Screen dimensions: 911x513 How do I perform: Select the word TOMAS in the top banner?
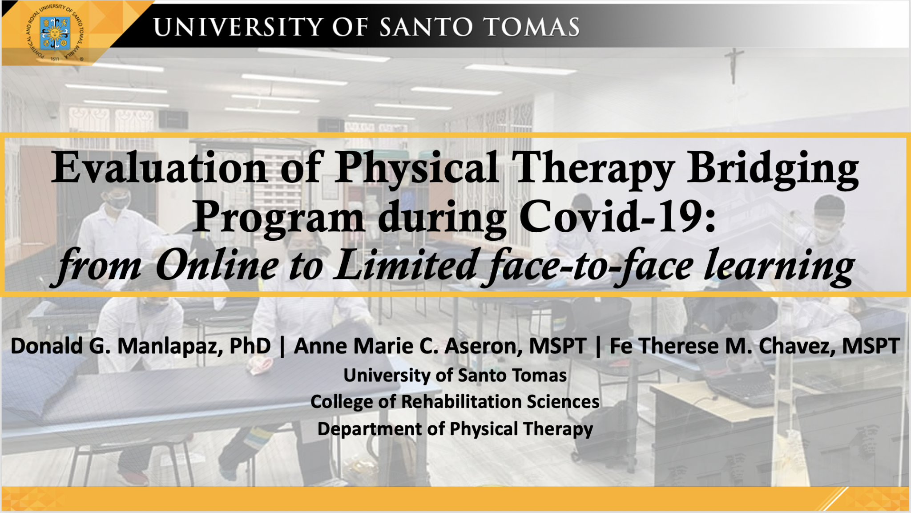(x=532, y=27)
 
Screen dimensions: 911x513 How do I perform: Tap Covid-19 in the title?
(x=617, y=217)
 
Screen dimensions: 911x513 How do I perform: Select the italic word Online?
(x=217, y=265)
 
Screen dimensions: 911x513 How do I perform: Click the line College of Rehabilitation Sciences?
(x=455, y=402)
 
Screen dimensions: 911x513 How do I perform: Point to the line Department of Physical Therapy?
(x=455, y=429)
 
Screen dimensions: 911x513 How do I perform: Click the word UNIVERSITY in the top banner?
(x=238, y=27)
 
